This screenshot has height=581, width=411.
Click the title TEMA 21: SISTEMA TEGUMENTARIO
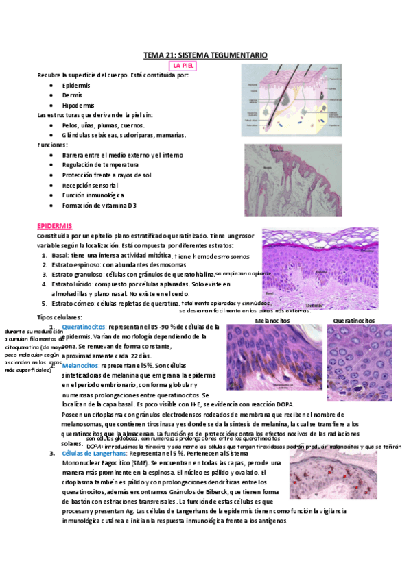pyautogui.click(x=205, y=55)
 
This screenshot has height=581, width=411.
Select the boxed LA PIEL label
pyautogui.click(x=186, y=66)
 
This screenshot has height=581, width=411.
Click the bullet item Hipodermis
pyautogui.click(x=78, y=105)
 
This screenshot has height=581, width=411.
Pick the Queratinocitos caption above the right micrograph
pyautogui.click(x=353, y=320)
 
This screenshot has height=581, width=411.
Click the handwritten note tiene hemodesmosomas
pyautogui.click(x=213, y=256)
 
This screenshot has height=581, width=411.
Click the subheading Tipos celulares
pyautogui.click(x=59, y=317)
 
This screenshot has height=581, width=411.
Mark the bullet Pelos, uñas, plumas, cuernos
pyautogui.click(x=103, y=125)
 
